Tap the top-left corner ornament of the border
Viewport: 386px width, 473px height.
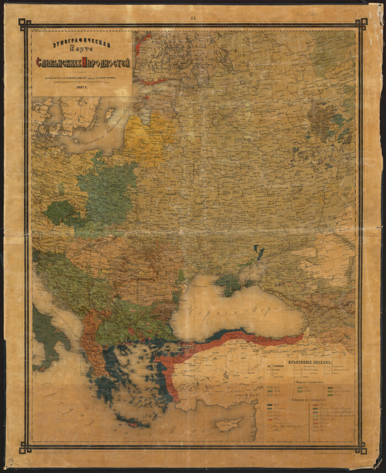click(x=25, y=24)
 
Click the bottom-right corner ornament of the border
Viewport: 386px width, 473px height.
click(x=361, y=448)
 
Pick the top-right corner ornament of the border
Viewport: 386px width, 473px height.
click(x=361, y=24)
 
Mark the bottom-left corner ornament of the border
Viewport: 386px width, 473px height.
click(x=25, y=448)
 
